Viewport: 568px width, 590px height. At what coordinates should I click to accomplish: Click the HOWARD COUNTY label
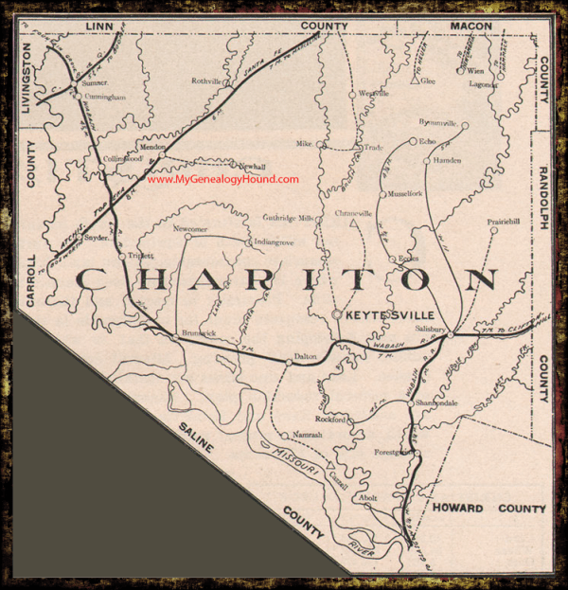[489, 509]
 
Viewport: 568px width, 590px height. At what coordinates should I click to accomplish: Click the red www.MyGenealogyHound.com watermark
[223, 180]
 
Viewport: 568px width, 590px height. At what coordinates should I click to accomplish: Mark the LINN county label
[98, 26]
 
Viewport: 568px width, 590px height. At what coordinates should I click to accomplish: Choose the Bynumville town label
[436, 123]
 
